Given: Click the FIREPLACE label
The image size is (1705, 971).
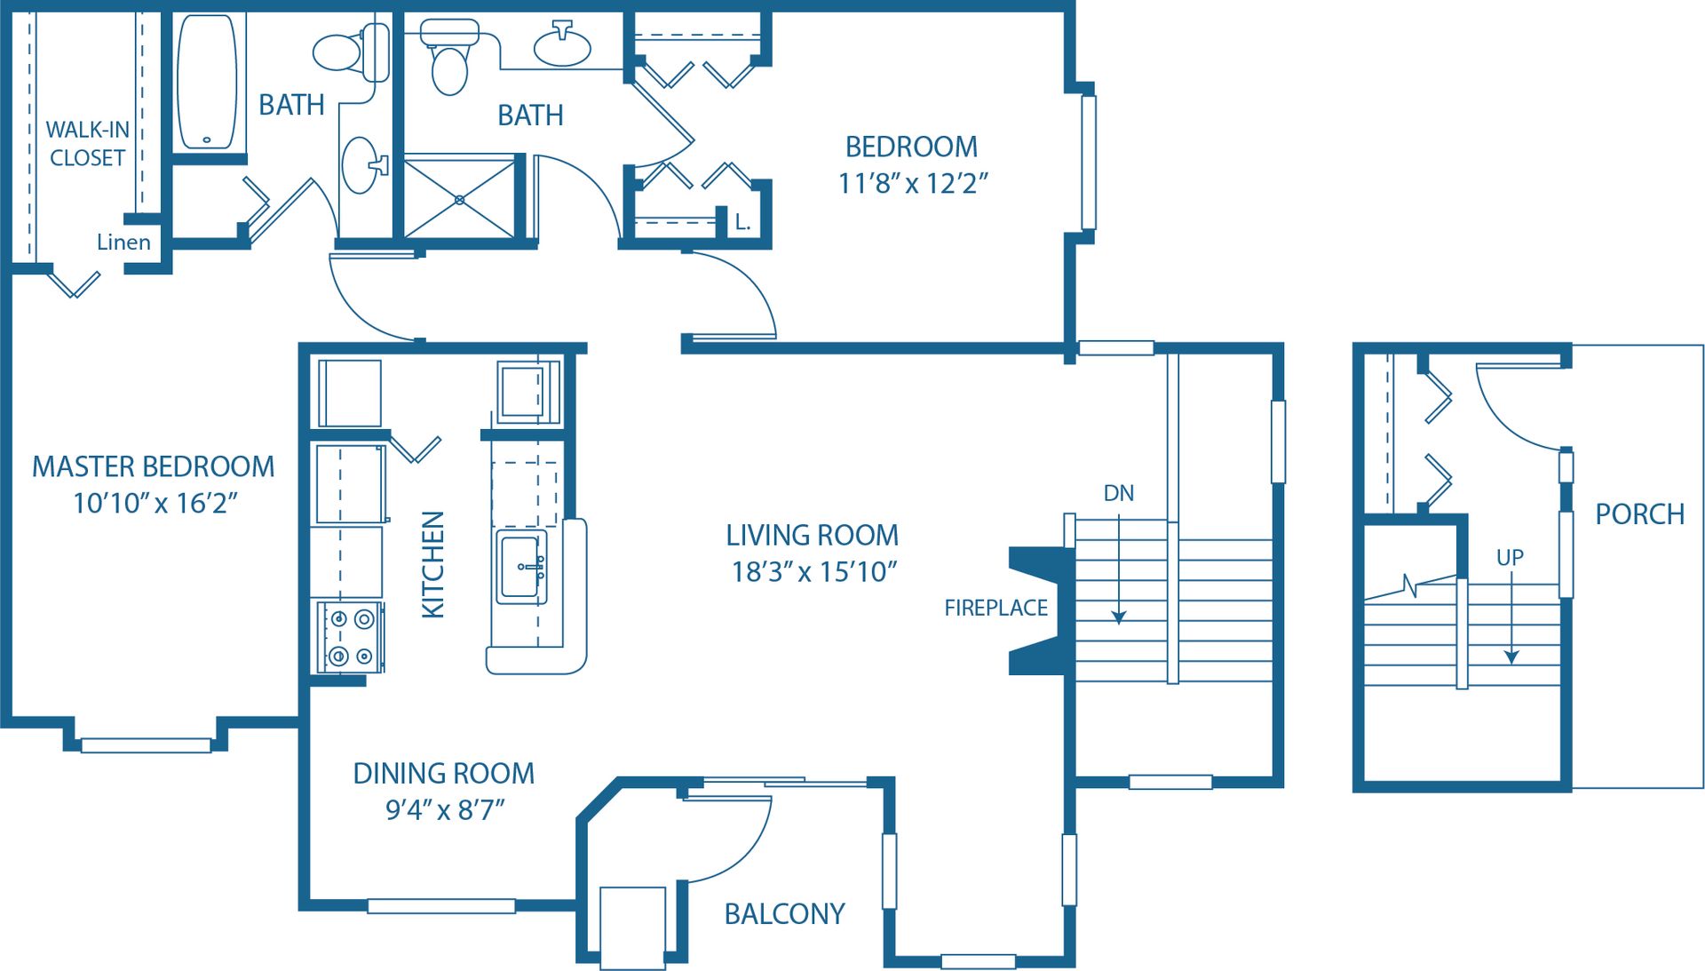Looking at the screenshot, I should pyautogui.click(x=995, y=608).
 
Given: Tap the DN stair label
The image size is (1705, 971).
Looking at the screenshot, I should pyautogui.click(x=1118, y=493).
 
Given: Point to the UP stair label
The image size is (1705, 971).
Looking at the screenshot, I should pyautogui.click(x=1510, y=558).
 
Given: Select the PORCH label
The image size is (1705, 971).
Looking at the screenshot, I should pyautogui.click(x=1639, y=514).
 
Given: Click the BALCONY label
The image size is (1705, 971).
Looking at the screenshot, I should pyautogui.click(x=784, y=914).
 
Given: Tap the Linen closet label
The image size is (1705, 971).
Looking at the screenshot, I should pyautogui.click(x=123, y=242).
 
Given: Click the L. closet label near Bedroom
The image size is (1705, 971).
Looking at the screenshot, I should pyautogui.click(x=742, y=222).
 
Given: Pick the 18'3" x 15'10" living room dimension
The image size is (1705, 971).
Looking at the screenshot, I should pyautogui.click(x=813, y=572).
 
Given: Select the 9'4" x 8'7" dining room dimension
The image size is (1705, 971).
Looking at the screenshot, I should pyautogui.click(x=444, y=810).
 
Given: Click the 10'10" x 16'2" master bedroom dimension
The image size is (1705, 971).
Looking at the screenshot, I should pyautogui.click(x=155, y=504).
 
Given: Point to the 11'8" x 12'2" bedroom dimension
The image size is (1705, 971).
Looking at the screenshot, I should pyautogui.click(x=913, y=184).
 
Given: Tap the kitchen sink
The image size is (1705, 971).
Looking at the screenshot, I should pyautogui.click(x=521, y=567).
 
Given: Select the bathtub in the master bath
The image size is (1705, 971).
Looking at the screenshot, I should pyautogui.click(x=208, y=82).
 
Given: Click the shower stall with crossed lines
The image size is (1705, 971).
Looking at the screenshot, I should pyautogui.click(x=459, y=199).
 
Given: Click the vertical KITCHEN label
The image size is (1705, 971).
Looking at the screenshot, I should pyautogui.click(x=432, y=564).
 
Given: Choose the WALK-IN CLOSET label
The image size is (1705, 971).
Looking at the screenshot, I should pyautogui.click(x=87, y=144).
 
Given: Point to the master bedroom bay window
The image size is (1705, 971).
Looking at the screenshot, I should pyautogui.click(x=146, y=744).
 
